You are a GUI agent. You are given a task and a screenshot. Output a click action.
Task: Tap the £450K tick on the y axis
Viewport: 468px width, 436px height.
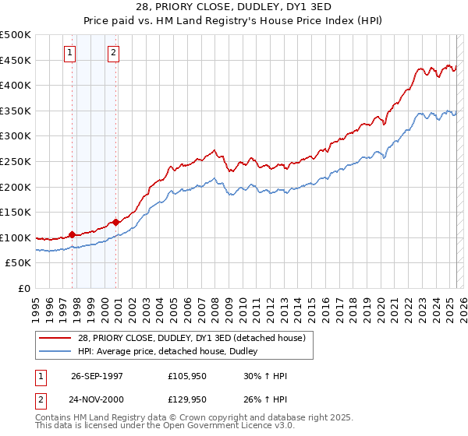point(16,60)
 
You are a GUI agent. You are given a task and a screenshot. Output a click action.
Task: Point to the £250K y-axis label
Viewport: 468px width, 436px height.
point(16,161)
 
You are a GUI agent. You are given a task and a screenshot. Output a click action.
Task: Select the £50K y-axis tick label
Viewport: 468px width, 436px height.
point(19,263)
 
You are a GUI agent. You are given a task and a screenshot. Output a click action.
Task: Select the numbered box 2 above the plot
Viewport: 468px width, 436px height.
point(114,53)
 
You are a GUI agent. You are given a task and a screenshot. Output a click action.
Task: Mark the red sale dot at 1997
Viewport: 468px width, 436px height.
point(73,234)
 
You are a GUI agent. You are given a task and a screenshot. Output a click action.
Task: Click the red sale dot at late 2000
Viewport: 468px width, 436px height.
point(116,222)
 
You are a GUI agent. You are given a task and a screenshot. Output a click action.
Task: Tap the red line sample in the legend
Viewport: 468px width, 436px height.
point(54,338)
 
